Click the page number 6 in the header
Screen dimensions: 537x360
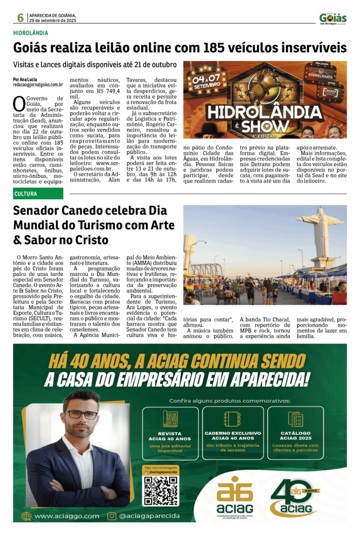20,17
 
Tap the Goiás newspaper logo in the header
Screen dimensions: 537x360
333,18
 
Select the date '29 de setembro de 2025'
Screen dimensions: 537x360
53,20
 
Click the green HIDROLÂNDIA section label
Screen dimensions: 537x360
31,33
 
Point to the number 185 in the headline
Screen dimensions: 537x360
213,48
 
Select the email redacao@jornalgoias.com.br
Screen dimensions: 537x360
38,84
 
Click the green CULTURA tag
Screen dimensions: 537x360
38,194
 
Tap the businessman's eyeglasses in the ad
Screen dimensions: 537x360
81,414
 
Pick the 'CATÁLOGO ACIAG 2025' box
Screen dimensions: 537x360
296,433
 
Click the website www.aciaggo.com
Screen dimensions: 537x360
67,516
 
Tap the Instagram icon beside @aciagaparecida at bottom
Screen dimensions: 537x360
112,516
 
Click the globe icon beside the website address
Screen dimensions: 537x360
26,516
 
